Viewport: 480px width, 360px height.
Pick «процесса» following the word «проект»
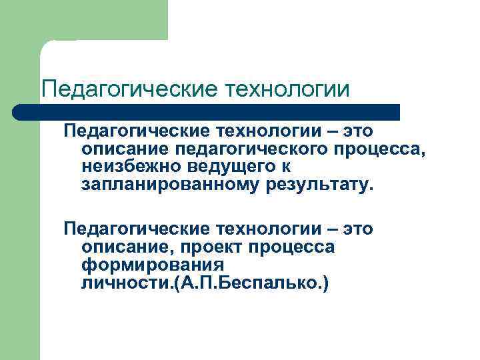click(x=295, y=247)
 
